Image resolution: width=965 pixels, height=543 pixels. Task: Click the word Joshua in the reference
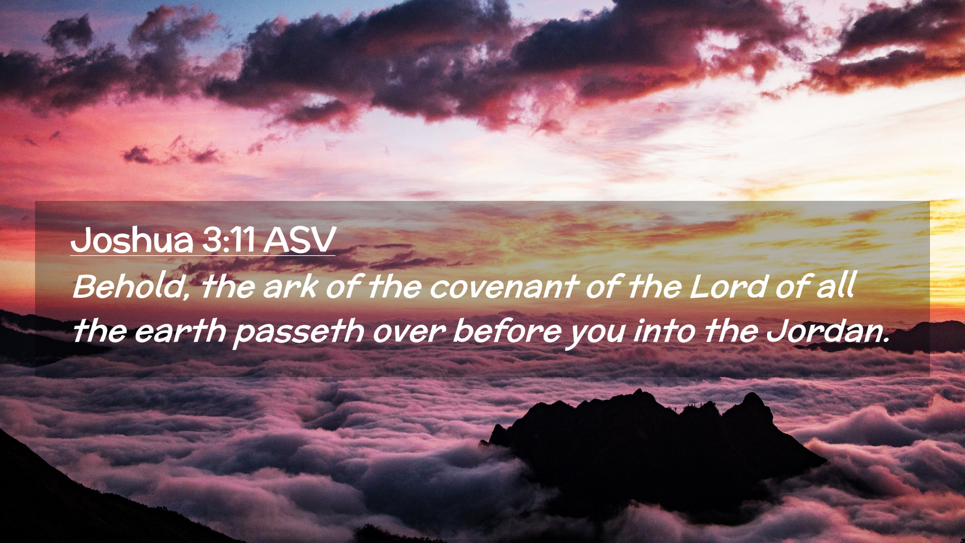(x=132, y=240)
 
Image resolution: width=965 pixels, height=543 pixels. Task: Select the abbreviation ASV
(x=300, y=240)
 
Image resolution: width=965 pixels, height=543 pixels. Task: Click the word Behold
(x=128, y=287)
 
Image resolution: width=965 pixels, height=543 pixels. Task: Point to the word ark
(x=290, y=287)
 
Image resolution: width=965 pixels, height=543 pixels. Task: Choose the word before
(x=507, y=331)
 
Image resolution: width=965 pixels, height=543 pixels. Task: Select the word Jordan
(x=822, y=331)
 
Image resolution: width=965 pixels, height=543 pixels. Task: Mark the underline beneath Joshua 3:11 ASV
(x=203, y=255)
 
